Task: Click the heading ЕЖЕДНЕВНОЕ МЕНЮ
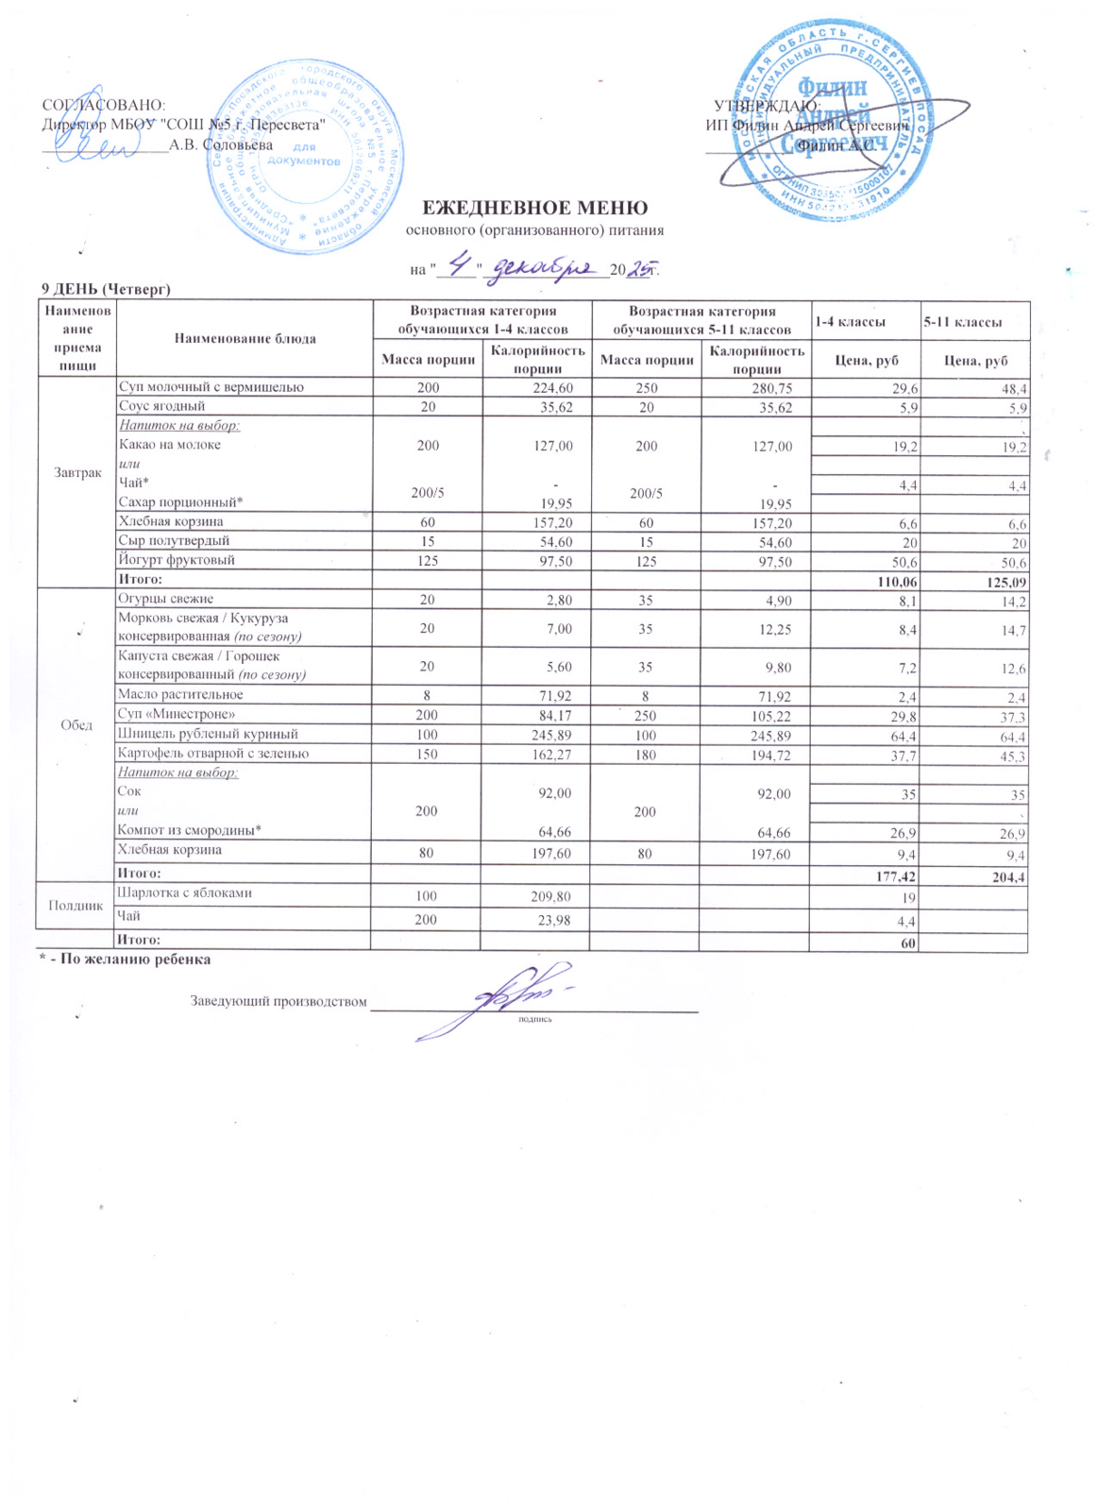(533, 208)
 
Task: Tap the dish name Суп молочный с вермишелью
(211, 386)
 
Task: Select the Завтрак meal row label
(77, 472)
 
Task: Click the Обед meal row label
(76, 724)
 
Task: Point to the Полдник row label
(76, 905)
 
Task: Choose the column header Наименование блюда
(244, 338)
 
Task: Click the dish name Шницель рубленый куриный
(208, 734)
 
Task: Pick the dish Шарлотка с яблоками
(184, 892)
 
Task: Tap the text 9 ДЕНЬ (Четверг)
(105, 288)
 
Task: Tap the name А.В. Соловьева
(221, 145)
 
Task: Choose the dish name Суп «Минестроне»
(177, 714)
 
